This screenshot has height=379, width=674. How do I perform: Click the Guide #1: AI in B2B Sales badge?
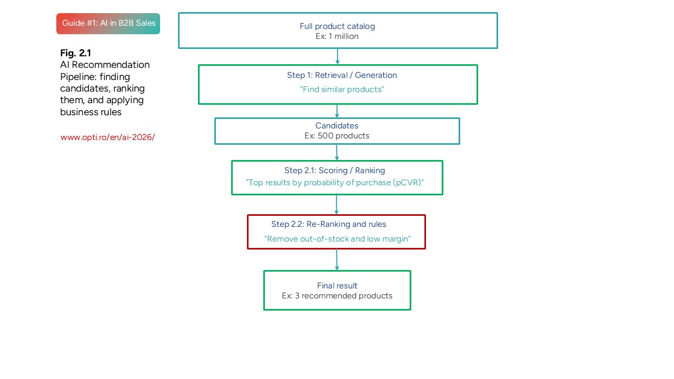point(108,23)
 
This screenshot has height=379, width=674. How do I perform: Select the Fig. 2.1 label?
point(75,53)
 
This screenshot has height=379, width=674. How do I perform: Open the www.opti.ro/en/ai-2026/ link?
point(107,137)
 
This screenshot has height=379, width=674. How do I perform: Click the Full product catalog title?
point(337,26)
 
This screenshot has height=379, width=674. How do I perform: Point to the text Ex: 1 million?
point(337,36)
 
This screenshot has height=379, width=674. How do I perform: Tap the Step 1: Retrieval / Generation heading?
point(342,75)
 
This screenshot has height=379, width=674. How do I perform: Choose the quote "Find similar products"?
point(342,89)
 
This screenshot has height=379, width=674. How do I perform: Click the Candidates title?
point(336,126)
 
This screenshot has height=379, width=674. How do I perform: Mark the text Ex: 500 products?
point(336,136)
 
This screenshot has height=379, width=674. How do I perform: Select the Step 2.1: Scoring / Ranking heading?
point(334,171)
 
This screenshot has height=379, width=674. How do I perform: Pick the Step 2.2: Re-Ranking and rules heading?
point(329,224)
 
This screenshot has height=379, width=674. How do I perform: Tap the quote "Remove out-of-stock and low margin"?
point(337,239)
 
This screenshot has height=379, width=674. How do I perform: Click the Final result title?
point(337,286)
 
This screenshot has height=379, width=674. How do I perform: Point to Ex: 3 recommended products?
point(337,296)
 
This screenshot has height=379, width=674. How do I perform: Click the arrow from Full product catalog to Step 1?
point(338,56)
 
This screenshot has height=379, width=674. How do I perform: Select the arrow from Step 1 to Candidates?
point(337,111)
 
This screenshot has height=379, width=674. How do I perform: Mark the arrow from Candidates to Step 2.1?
point(336,152)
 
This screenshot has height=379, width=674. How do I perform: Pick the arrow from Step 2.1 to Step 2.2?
point(336,205)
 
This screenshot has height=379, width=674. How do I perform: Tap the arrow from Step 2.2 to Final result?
point(336,260)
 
